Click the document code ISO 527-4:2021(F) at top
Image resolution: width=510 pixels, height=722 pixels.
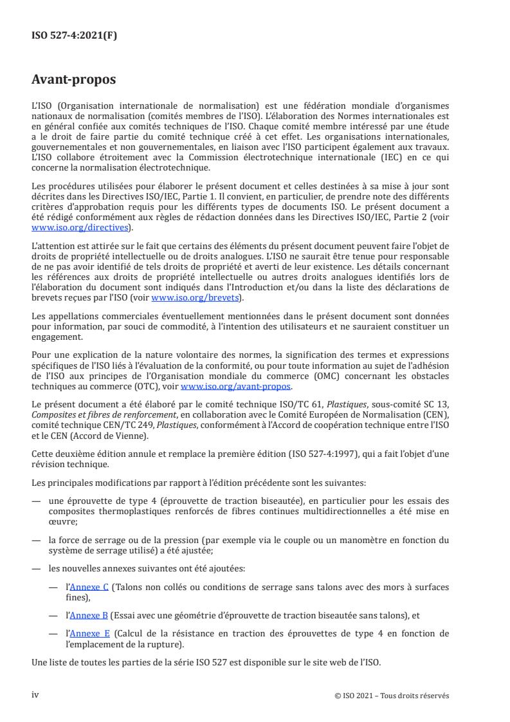pyautogui.click(x=74, y=35)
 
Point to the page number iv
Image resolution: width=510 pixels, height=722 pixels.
pyautogui.click(x=35, y=694)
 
